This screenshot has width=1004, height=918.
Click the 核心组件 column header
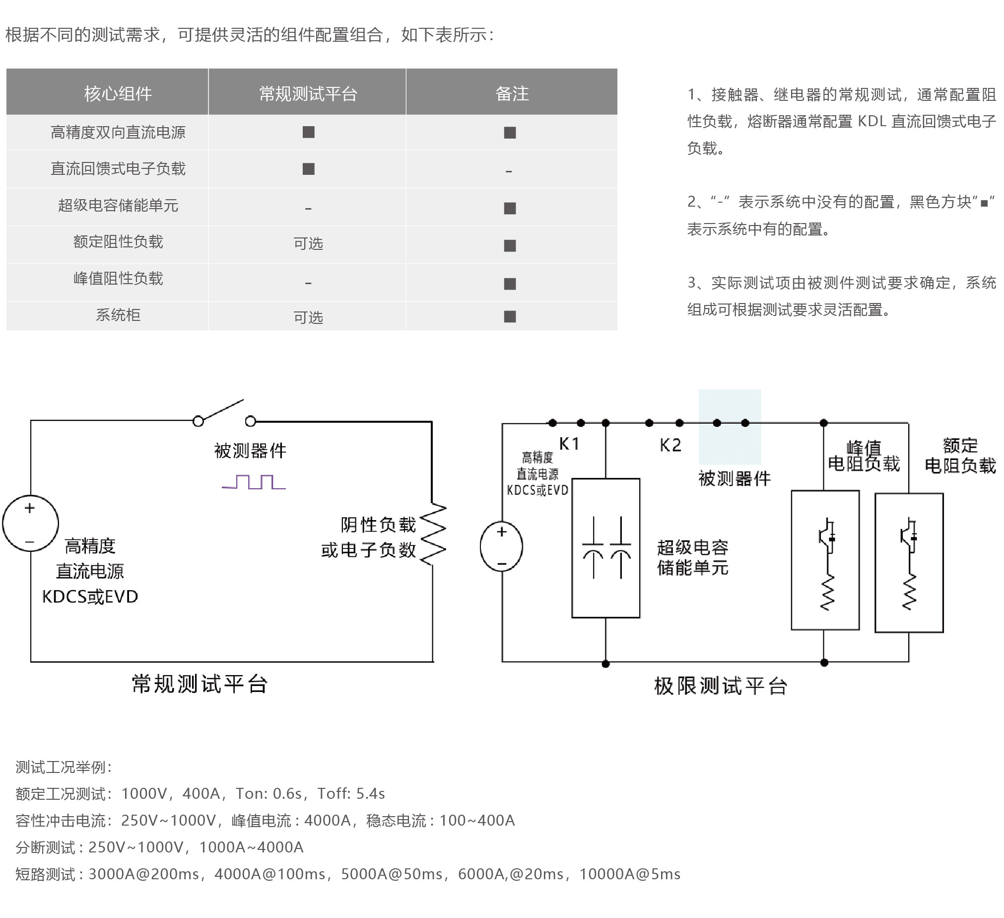pos(118,94)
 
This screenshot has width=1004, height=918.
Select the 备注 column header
pos(512,94)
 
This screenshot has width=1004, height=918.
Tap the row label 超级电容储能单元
pos(118,205)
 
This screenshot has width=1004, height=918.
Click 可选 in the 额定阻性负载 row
pos(308,244)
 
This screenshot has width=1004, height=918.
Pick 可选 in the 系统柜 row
pos(308,317)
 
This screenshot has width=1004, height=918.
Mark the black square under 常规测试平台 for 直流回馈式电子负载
pos(309,169)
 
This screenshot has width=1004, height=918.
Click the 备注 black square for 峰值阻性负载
pos(510,284)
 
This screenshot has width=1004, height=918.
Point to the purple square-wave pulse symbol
pos(254,482)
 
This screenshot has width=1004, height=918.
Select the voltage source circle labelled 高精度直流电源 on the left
pos(30,523)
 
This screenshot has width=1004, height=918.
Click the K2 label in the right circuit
pos(670,445)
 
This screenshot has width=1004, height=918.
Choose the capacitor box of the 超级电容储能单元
pos(606,548)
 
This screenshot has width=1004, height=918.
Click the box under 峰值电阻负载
pos(826,561)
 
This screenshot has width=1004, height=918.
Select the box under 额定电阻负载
pos(909,563)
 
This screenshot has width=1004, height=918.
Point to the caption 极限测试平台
pos(721,686)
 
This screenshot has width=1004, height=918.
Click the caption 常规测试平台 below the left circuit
pos(200,684)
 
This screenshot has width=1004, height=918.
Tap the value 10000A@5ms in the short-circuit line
pos(630,874)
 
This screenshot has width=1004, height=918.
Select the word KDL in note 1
pos(871,122)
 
